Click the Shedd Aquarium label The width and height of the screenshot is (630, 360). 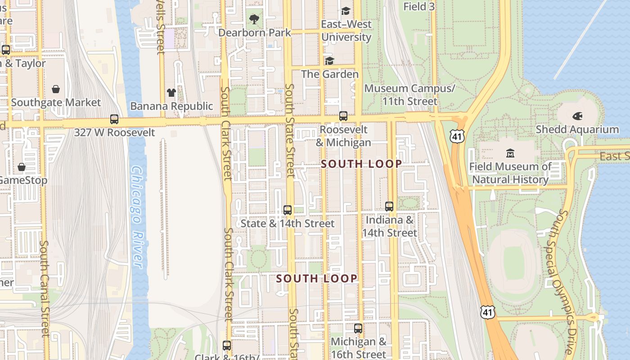577,130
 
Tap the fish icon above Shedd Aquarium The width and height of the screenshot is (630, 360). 577,117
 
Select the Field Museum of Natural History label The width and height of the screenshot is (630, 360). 510,173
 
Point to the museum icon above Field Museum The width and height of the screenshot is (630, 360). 510,153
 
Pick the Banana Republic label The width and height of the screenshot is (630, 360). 171,106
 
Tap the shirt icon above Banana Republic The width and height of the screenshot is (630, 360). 171,93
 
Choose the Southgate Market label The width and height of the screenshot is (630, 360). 56,103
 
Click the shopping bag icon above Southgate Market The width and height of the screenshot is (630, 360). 56,89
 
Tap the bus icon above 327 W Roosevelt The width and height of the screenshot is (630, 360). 114,119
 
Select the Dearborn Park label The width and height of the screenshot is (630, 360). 255,33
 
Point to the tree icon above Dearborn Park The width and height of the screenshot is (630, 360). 254,19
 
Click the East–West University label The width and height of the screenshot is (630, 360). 346,31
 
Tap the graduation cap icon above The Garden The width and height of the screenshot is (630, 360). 330,61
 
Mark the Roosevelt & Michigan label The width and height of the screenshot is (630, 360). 343,136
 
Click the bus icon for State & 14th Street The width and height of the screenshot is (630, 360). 288,210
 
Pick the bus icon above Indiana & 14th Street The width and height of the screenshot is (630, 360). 389,207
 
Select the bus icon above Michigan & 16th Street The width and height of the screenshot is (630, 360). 358,328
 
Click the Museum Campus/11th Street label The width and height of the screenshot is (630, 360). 409,94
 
